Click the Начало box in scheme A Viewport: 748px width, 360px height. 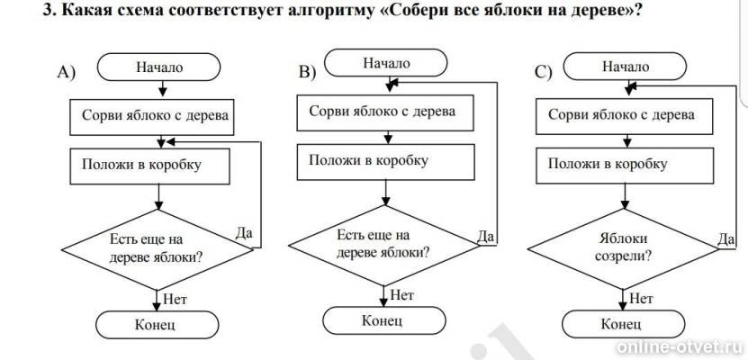(159, 67)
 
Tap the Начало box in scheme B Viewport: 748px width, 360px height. (386, 63)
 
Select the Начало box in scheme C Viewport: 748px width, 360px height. (625, 67)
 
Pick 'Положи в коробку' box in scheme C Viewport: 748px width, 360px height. (621, 166)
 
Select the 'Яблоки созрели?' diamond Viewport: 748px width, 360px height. (621, 247)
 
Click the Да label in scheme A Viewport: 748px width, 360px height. (243, 232)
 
